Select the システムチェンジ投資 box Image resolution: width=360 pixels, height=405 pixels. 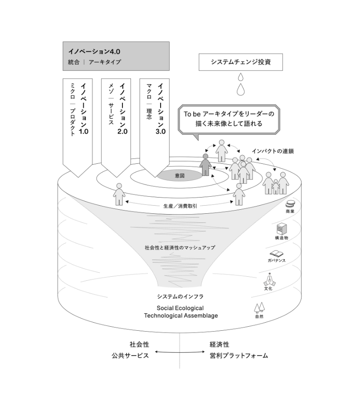[241, 62]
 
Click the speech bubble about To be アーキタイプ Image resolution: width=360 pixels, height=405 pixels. [229, 118]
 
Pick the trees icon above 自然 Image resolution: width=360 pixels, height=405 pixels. [259, 307]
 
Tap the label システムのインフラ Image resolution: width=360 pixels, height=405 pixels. [180, 297]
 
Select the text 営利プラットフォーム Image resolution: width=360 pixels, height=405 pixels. [238, 355]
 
